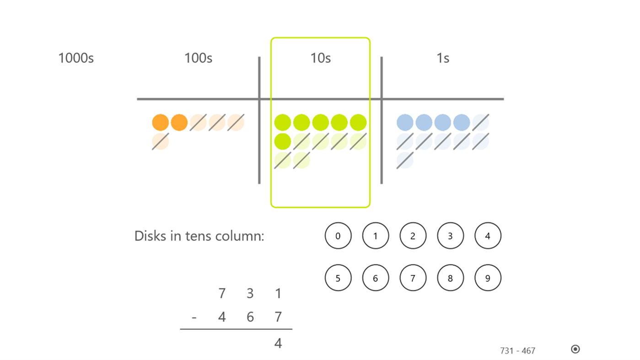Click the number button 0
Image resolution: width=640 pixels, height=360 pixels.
click(x=338, y=236)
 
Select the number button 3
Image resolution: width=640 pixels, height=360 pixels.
click(x=450, y=236)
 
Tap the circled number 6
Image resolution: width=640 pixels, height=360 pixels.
click(x=376, y=278)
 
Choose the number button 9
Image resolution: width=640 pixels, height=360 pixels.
click(x=488, y=278)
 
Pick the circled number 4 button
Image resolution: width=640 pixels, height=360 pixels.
click(x=488, y=236)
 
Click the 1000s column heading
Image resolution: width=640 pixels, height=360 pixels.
click(x=76, y=58)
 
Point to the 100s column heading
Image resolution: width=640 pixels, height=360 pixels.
click(x=198, y=58)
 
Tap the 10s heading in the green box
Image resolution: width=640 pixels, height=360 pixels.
click(x=320, y=58)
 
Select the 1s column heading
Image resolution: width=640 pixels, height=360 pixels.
click(x=442, y=58)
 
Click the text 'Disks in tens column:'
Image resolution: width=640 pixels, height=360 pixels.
click(x=199, y=236)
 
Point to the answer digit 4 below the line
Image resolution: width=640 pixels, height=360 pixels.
click(x=278, y=343)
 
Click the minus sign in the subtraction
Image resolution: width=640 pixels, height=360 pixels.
click(x=194, y=317)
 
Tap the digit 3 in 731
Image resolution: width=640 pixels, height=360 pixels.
click(x=250, y=293)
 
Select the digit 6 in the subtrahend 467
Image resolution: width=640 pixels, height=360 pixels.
click(x=250, y=317)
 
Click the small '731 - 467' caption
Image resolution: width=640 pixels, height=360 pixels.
click(x=517, y=351)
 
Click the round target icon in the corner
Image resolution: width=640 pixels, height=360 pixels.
click(x=575, y=349)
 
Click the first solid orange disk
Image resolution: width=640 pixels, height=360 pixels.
click(x=161, y=123)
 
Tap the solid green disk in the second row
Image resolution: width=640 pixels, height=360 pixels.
click(x=283, y=141)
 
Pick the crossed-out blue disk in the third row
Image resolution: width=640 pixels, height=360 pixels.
click(x=405, y=161)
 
